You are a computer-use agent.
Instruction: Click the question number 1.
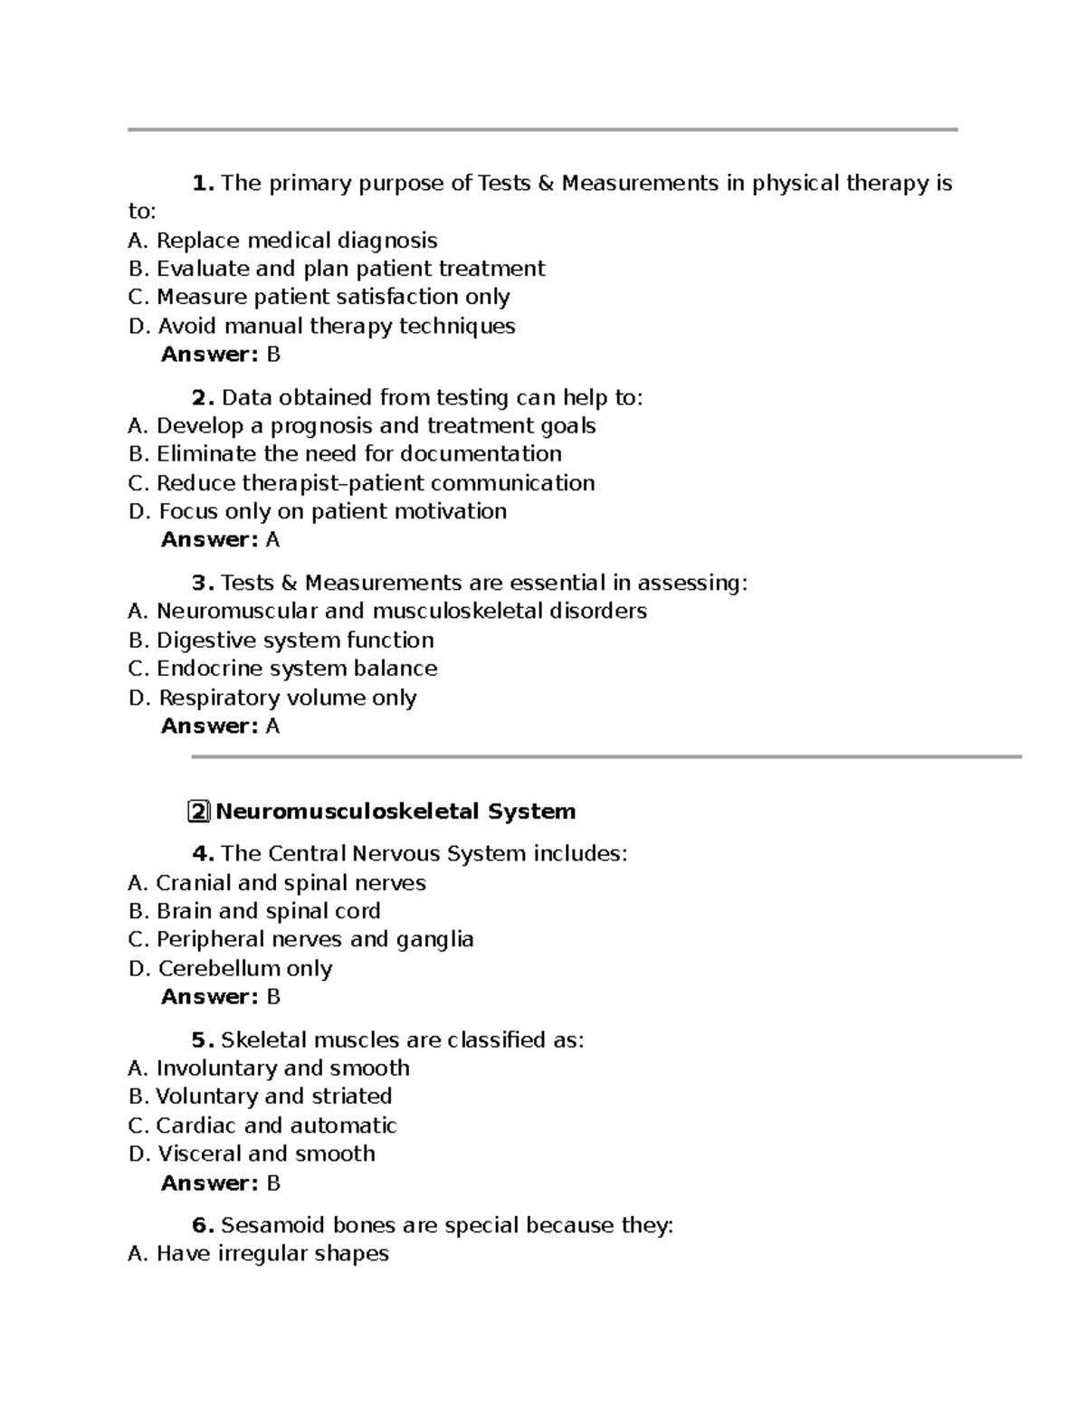(202, 184)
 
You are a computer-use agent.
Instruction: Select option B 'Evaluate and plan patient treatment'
(337, 269)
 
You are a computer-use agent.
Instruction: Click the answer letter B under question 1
(273, 355)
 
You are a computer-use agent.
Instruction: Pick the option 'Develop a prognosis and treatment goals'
(362, 425)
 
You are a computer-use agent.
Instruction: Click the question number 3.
(202, 583)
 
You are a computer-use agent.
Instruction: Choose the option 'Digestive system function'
(281, 641)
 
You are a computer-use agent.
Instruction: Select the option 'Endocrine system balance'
(283, 669)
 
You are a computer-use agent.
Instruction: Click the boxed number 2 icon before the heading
(199, 812)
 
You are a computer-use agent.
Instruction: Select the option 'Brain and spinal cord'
(254, 911)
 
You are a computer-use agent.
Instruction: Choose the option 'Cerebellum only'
(231, 968)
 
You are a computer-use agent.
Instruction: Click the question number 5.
(202, 1040)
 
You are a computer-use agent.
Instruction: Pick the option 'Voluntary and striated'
(261, 1096)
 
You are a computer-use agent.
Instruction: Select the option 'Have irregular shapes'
(259, 1254)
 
